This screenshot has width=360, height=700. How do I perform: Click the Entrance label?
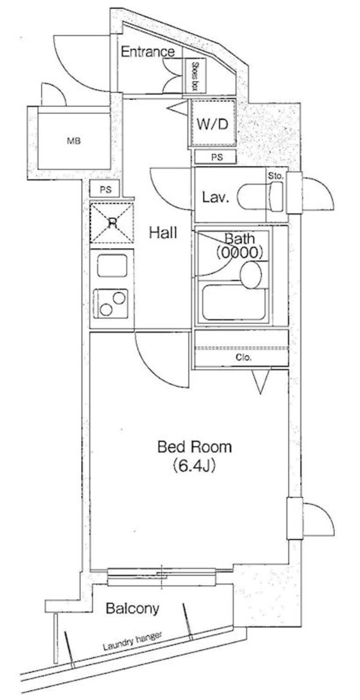tap(148, 52)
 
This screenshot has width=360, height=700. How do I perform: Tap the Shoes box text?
tap(195, 76)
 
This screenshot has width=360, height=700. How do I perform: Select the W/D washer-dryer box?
tap(212, 123)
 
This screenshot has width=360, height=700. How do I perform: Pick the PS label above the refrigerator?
tap(105, 190)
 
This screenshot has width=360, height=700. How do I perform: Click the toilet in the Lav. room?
tap(260, 196)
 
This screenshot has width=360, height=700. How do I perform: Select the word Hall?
tap(163, 232)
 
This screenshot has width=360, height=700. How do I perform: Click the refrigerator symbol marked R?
tap(112, 223)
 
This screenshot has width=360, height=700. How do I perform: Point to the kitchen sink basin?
tap(112, 266)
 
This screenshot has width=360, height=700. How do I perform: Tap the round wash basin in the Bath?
tap(251, 275)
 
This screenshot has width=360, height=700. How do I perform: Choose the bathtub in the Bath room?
tap(234, 303)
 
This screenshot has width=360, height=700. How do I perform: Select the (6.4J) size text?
tap(194, 467)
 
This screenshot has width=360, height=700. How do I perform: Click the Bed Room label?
tap(195, 447)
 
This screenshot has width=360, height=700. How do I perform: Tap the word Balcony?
tap(133, 608)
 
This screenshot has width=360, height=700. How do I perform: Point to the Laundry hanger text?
tap(132, 642)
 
